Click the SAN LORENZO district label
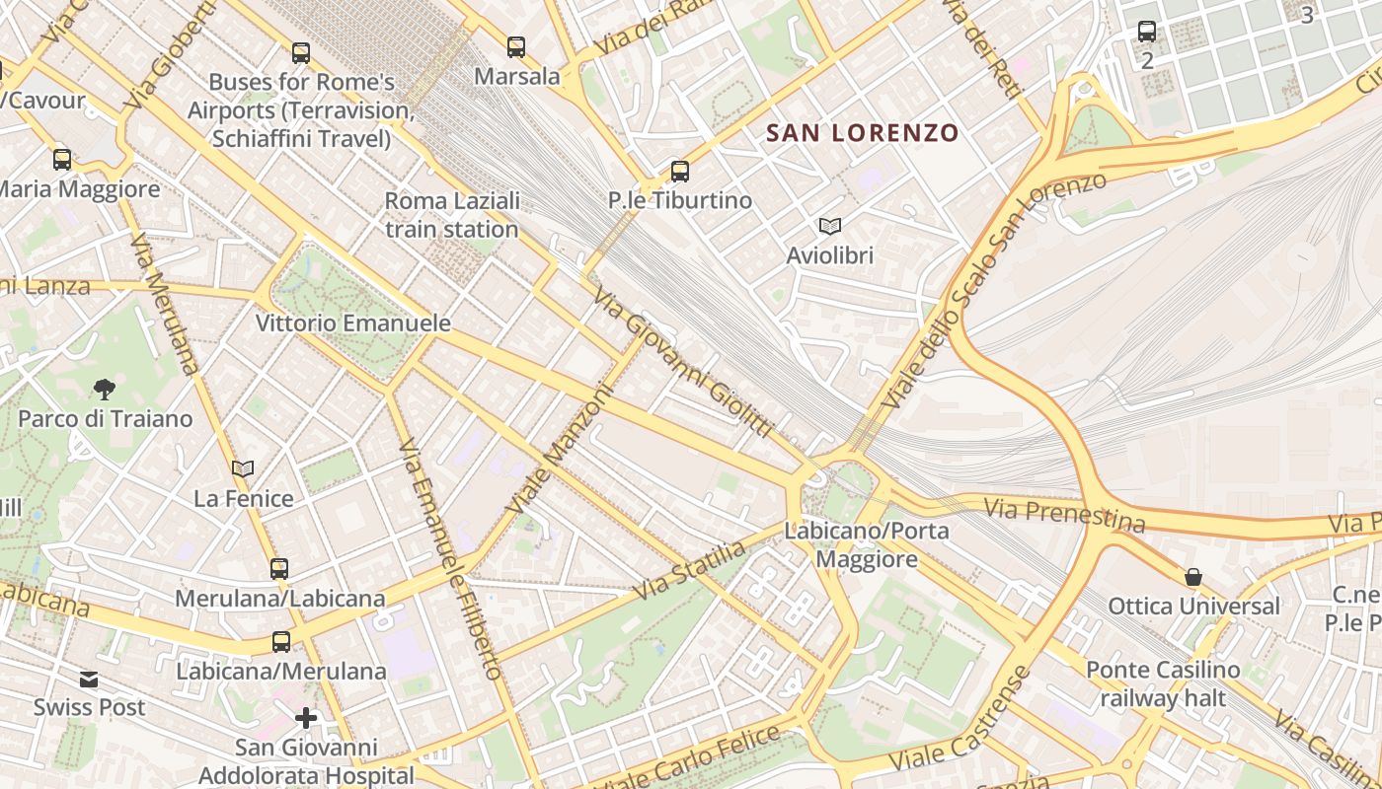(x=863, y=133)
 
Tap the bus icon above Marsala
(x=516, y=46)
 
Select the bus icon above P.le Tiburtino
(x=680, y=171)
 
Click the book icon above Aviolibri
(x=830, y=227)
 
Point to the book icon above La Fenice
(x=243, y=469)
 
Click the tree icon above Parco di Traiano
(x=105, y=390)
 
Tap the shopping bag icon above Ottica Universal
(x=1193, y=577)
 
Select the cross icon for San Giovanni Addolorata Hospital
(x=306, y=717)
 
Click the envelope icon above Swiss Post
(x=89, y=679)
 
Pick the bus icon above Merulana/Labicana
(x=279, y=568)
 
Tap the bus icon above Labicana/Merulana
(x=281, y=641)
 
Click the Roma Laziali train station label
(x=452, y=215)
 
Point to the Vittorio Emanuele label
(x=353, y=323)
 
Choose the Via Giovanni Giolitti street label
(x=682, y=362)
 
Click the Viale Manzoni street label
(x=560, y=450)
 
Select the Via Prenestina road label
(x=1065, y=514)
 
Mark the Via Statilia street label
(x=688, y=570)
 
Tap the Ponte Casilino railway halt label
(x=1163, y=684)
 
